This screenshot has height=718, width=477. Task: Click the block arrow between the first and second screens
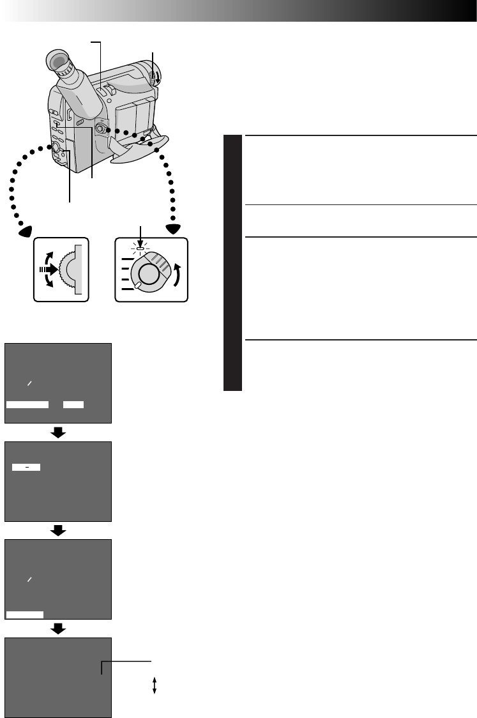(58, 432)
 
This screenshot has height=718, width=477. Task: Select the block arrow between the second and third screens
(58, 530)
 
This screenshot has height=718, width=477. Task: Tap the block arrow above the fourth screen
(58, 629)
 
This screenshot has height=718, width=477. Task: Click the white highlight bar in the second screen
(26, 468)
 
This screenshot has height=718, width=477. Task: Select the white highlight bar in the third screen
(25, 615)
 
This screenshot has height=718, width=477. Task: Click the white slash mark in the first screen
(29, 383)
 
